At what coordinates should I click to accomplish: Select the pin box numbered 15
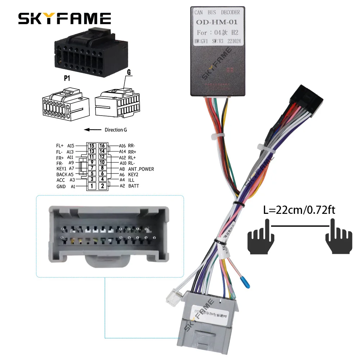click(92, 145)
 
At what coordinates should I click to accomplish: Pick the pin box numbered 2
click(103, 186)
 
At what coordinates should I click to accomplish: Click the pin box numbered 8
click(103, 167)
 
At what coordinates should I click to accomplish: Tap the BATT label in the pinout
click(134, 186)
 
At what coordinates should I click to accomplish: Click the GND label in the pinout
click(61, 186)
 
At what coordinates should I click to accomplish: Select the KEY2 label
click(134, 174)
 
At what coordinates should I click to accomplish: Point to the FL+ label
click(60, 146)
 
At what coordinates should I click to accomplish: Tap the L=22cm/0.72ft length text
click(299, 210)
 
